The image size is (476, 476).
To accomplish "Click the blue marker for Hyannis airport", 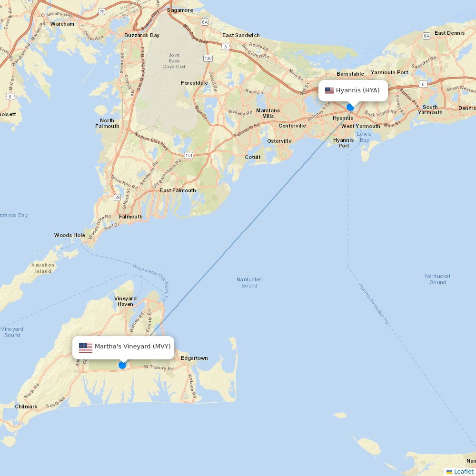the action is [350, 107].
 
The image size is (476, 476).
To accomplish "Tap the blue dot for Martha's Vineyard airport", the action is [122, 365].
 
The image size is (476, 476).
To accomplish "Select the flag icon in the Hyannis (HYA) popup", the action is [329, 90].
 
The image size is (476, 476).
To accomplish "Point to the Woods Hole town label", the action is [69, 235].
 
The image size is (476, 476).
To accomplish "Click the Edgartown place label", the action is [194, 358].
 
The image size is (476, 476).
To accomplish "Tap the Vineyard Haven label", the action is [125, 301].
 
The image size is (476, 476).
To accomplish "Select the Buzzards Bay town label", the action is [142, 35].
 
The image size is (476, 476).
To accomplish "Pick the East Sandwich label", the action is [241, 35].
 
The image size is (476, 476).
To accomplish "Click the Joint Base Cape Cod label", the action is [174, 61].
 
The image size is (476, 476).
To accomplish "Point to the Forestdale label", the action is [194, 83].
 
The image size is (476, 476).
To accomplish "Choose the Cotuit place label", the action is [253, 157].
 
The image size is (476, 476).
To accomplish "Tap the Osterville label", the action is [279, 141].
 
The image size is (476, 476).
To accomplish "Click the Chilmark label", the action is [26, 407].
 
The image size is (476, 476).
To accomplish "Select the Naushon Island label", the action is [43, 268].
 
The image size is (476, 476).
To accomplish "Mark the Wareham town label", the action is [62, 24].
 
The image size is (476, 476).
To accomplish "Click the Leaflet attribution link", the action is [463, 471].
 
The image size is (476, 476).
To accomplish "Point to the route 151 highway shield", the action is [189, 155].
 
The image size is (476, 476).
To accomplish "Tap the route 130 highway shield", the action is [208, 58].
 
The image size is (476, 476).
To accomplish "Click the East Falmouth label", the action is [178, 190].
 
